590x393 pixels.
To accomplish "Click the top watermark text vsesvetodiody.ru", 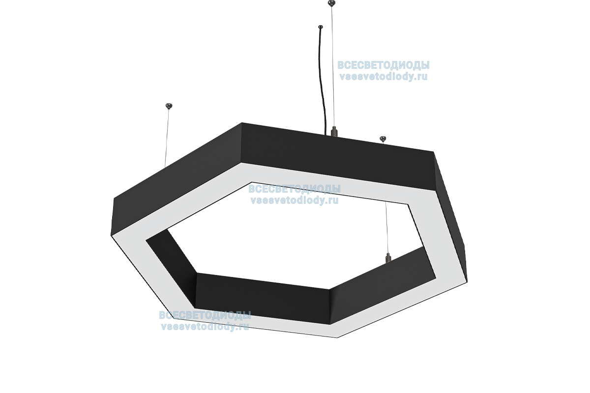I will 383,77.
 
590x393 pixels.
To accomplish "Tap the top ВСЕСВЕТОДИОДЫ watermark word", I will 383,66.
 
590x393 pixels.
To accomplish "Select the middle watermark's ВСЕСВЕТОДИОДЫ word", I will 295,189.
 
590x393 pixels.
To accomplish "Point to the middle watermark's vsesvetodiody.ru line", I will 295,200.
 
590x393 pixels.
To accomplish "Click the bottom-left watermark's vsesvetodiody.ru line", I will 205,326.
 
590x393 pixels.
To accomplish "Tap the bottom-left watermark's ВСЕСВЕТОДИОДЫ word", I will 205,315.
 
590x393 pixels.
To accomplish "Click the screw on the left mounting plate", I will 169,104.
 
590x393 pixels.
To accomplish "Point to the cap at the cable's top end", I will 321,28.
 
